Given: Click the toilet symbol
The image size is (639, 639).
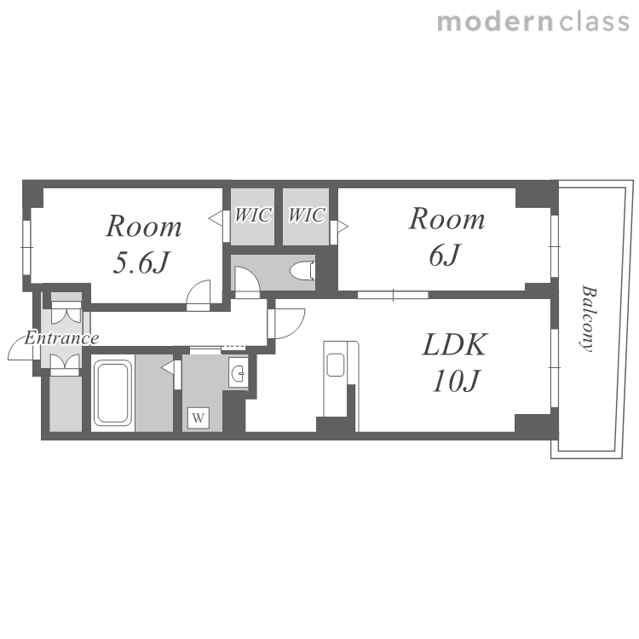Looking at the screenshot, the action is coord(302,271).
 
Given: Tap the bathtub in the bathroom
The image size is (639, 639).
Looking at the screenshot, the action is coord(112,393).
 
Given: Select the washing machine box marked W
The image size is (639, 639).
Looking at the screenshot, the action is coord(198,417).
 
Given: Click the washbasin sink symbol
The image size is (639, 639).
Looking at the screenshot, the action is coord(238,372).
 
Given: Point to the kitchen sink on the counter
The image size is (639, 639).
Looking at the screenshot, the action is coord(336,365).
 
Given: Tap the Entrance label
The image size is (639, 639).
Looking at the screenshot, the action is coord(61,338).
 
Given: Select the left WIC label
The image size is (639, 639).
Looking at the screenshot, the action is coord(253,215).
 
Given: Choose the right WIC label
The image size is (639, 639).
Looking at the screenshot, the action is coord(307,215).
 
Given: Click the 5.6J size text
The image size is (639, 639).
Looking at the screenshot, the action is coord(141,262).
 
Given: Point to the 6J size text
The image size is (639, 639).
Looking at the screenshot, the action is coord(444,255).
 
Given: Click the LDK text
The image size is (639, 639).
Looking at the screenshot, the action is coord(455,345).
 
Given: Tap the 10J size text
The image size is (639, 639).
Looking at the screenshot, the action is coord(456,381).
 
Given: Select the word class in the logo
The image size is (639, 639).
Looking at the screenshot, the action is coord(594,22).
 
